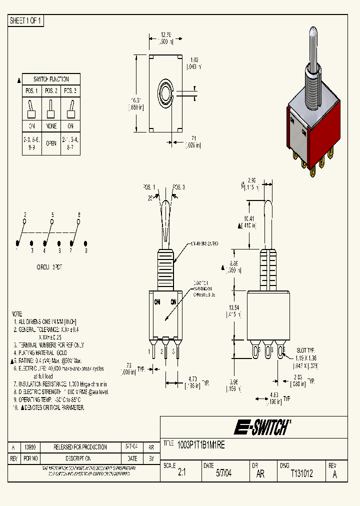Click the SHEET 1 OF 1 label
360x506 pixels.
[x=26, y=20]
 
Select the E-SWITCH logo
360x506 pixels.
[x=261, y=427]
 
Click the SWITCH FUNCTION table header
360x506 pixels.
[x=50, y=79]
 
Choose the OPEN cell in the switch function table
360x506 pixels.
[x=51, y=142]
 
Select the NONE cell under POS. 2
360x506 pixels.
[x=51, y=126]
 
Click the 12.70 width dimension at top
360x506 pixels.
[x=165, y=35]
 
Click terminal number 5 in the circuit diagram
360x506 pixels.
[x=52, y=214]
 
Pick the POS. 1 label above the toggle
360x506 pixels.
[x=149, y=187]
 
